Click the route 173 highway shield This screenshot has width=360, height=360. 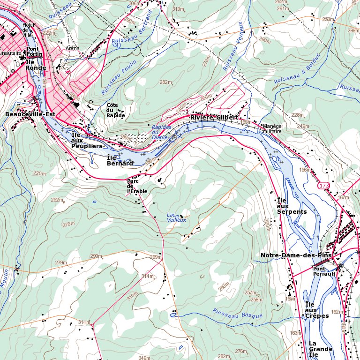[323, 186]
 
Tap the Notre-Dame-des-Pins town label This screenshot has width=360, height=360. [296, 255]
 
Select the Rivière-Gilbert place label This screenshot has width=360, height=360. [214, 117]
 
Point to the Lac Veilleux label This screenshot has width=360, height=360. [177, 217]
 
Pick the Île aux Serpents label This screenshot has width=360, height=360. [292, 206]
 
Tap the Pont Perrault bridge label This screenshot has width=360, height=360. [324, 271]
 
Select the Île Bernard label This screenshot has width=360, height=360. [120, 160]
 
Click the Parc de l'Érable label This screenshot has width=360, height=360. [137, 186]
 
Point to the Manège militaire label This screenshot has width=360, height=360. [272, 129]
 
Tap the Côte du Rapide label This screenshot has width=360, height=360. [115, 110]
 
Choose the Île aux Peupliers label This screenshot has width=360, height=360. [86, 141]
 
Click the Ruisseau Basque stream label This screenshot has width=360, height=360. [237, 314]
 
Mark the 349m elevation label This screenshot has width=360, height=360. [144, 358]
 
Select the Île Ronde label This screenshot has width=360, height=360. [36, 65]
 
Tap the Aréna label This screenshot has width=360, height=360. [73, 48]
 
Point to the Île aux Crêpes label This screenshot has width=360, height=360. [317, 310]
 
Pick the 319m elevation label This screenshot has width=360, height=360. [178, 9]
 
